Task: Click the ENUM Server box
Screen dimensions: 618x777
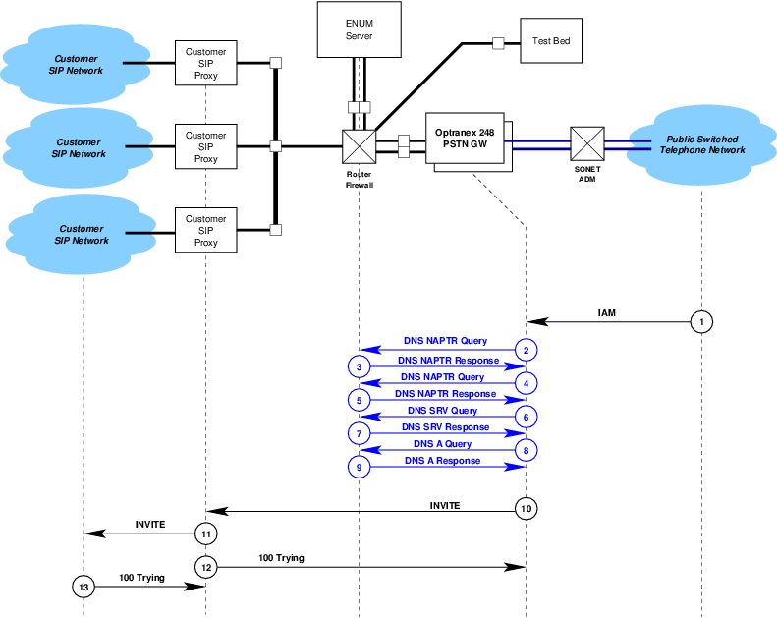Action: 360,29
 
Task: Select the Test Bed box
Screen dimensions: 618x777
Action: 551,42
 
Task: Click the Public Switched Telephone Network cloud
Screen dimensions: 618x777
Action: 701,145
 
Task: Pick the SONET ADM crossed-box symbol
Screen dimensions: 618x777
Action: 586,142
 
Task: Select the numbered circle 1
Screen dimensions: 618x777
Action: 700,321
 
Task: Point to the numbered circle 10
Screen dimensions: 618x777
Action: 527,508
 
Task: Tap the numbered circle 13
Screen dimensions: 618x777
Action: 83,587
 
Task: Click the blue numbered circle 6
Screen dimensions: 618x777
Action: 527,417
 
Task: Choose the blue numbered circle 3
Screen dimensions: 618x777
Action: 360,366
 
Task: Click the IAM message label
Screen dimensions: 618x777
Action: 607,312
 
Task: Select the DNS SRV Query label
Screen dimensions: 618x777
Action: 442,410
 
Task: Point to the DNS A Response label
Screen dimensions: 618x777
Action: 442,461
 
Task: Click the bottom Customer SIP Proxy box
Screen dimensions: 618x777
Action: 205,231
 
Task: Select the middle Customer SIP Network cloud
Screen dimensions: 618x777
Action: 79,148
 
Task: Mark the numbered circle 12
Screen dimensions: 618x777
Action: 205,567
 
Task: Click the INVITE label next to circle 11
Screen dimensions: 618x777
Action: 149,524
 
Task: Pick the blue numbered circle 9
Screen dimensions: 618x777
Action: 360,468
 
